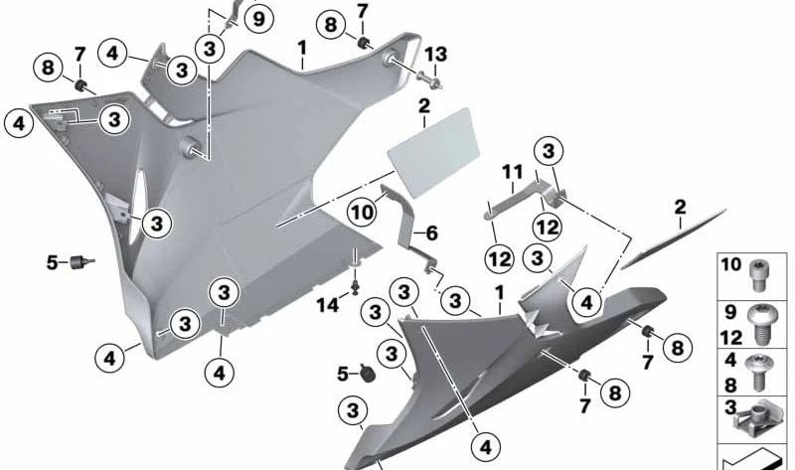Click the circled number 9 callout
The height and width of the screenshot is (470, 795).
pyautogui.click(x=258, y=18)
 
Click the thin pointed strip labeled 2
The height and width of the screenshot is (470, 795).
pyautogui.click(x=671, y=238)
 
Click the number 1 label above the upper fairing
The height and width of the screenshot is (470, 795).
pyautogui.click(x=301, y=47)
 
